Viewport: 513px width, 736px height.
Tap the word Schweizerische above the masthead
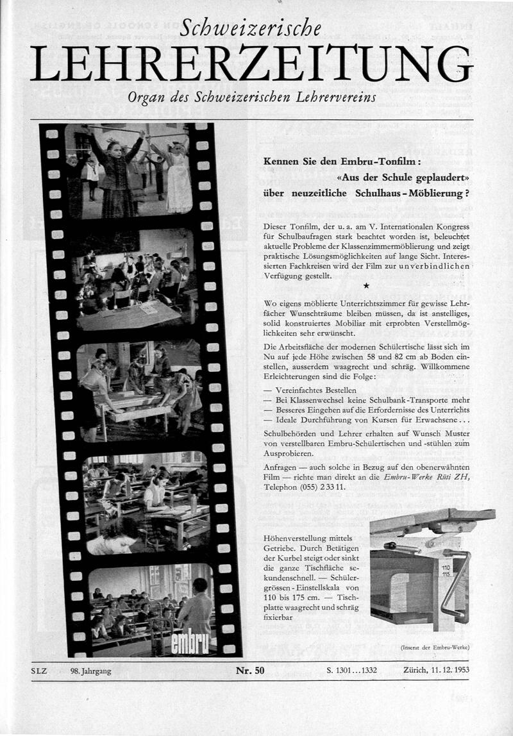251,28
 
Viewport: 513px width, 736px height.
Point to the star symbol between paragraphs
366,285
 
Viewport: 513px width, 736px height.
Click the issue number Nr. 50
249,671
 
